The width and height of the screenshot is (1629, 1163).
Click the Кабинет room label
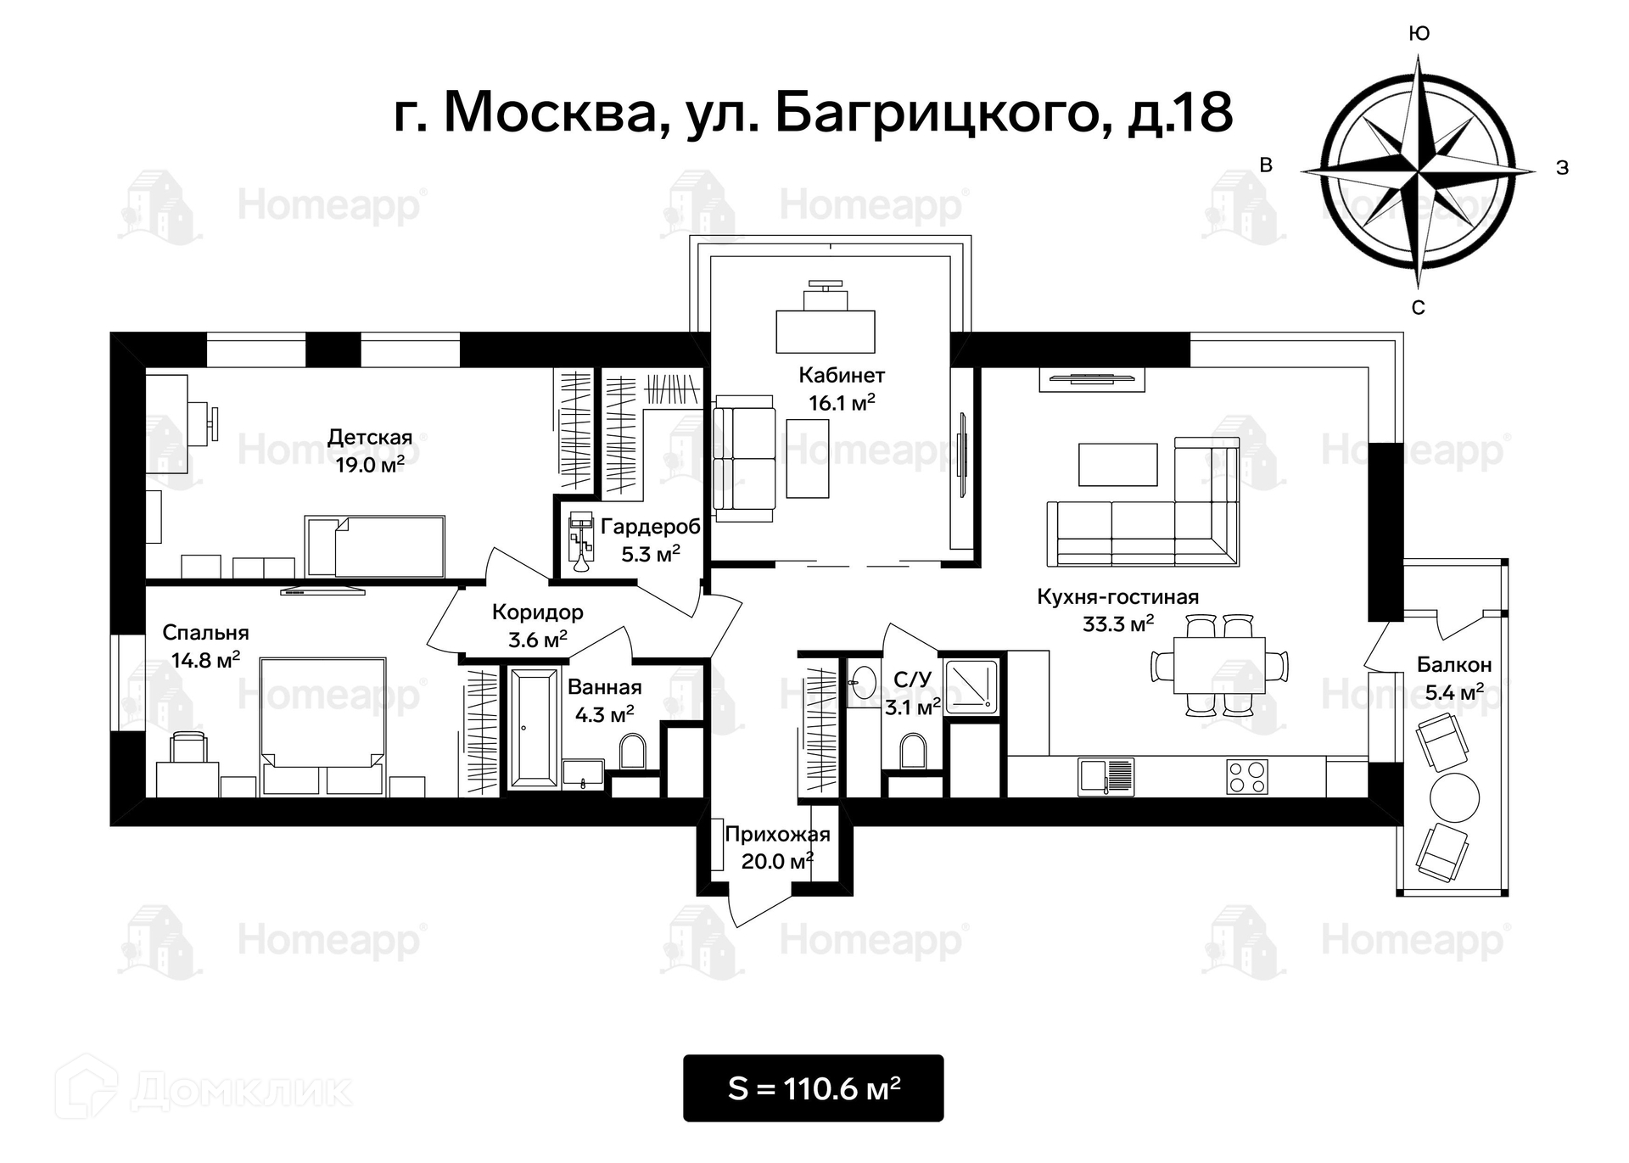842,375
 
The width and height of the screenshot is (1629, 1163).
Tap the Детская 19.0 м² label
370,450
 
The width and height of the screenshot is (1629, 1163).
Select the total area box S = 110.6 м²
813,1088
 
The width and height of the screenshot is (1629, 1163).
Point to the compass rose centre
1419,171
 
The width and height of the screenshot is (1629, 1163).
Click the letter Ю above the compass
1419,33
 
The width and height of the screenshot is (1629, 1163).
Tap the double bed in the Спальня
322,726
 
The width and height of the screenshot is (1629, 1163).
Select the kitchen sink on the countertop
1106,776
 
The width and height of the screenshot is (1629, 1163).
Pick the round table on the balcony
1454,797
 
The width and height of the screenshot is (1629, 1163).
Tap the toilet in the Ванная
633,752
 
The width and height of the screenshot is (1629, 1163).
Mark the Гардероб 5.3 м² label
651,540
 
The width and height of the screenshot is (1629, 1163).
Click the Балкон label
1454,665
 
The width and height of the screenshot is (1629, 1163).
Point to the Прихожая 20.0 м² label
777,847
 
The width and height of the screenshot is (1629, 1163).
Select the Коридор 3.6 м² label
538,626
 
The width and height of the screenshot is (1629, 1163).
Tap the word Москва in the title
551,112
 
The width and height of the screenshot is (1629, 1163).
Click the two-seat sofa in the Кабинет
744,459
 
